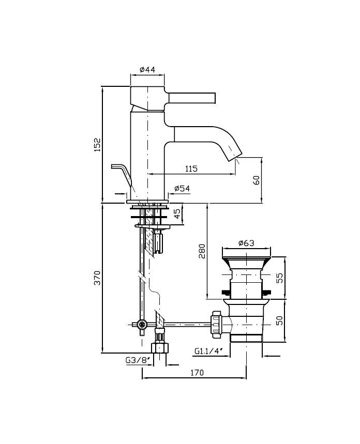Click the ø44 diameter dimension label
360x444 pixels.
click(x=148, y=70)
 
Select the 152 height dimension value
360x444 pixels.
click(x=98, y=145)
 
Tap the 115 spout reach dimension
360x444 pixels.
click(x=191, y=169)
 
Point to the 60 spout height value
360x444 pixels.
click(x=256, y=180)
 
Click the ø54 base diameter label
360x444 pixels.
click(x=182, y=188)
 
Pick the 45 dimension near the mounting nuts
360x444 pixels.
click(x=177, y=214)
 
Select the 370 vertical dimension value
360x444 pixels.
click(x=98, y=278)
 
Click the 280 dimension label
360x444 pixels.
click(x=202, y=251)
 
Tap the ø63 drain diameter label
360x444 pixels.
click(x=246, y=243)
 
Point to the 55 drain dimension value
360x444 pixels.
click(x=279, y=278)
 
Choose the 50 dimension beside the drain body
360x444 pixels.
click(x=279, y=320)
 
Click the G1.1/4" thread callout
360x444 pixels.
click(x=208, y=351)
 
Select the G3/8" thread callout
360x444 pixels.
click(x=138, y=360)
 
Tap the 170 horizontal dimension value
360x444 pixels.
click(x=197, y=373)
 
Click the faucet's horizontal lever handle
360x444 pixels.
click(x=192, y=97)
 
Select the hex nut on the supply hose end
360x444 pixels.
click(x=160, y=348)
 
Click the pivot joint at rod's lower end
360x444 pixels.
click(x=142, y=324)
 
